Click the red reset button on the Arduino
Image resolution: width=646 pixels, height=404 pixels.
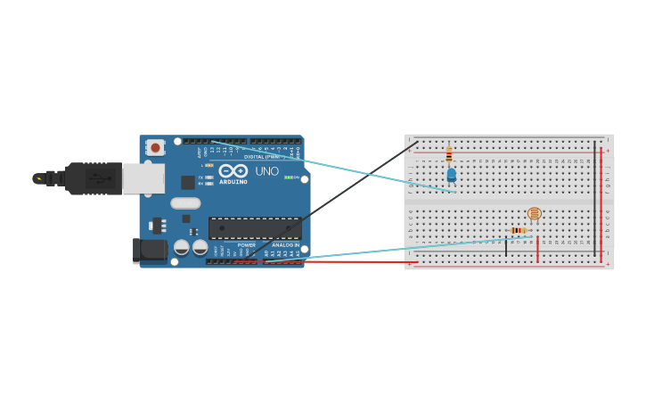point(155,147)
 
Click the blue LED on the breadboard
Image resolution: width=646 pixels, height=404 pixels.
point(452,174)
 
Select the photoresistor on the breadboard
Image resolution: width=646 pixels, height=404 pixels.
point(534,213)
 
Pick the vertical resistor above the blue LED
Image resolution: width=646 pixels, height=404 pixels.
point(449,154)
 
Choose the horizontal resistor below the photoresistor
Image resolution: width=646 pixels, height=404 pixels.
point(518,230)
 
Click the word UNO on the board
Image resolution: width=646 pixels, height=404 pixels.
point(267,171)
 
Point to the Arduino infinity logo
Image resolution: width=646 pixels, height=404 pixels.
point(233,169)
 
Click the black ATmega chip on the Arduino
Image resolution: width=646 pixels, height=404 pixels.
point(255,227)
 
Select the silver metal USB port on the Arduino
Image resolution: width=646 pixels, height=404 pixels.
point(143,178)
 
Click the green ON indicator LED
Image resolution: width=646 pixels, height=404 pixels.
point(289,177)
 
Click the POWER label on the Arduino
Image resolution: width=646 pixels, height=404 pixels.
point(246,245)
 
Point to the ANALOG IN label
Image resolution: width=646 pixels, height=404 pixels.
point(285,245)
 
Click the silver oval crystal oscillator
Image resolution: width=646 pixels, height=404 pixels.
point(185,203)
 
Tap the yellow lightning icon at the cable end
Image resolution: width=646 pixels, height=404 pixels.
point(38,178)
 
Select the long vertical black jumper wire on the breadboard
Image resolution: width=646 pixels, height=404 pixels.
point(595,198)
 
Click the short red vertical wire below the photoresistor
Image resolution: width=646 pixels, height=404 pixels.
point(537,249)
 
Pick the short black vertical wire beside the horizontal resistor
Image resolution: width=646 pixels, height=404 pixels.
point(506,247)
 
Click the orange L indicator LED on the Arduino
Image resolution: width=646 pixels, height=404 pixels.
point(209,165)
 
